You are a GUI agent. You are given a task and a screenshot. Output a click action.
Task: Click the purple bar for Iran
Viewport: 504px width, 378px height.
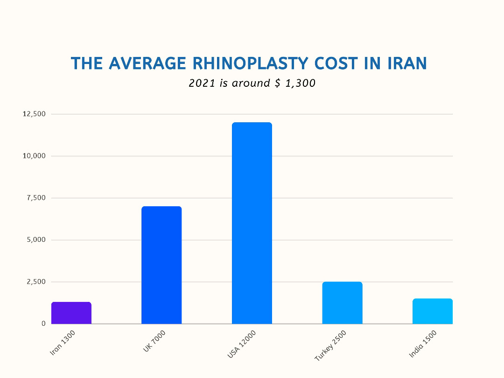71,313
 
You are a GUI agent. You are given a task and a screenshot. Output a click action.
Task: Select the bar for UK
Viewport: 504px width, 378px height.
161,265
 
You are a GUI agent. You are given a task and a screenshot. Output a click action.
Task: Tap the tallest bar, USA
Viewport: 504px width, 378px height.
252,223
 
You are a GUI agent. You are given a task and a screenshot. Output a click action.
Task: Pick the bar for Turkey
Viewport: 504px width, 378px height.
342,303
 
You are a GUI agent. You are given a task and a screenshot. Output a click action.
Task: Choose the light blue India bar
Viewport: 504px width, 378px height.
433,311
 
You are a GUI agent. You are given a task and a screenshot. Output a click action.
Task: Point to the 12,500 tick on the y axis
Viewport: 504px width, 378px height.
34,114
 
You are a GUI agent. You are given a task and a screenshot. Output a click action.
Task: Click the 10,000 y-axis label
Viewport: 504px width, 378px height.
34,156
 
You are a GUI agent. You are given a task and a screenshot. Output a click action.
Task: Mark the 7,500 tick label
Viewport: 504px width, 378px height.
36,198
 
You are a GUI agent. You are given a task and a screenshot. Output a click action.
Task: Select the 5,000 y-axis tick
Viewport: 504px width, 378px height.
36,240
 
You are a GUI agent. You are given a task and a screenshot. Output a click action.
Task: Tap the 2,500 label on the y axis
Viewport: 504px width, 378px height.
36,282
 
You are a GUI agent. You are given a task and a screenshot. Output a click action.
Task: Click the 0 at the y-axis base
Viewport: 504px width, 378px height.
43,323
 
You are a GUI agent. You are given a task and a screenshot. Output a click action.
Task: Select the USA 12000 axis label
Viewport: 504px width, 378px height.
242,344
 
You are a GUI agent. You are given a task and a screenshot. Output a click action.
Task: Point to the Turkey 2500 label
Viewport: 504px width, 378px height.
331,345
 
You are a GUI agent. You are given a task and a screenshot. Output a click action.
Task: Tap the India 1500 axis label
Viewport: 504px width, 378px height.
424,343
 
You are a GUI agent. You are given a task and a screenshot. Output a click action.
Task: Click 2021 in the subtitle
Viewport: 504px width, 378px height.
200,83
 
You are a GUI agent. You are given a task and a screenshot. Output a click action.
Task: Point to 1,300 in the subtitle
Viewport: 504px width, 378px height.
300,83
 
